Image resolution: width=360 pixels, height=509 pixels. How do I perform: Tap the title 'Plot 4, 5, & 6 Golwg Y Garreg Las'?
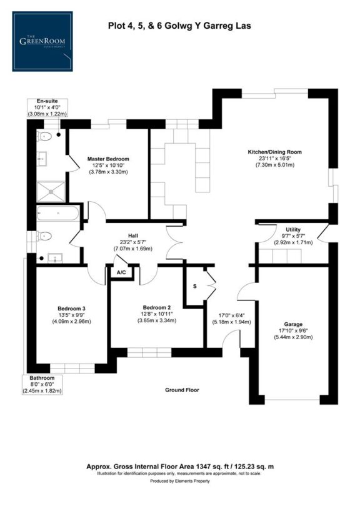click(179, 26)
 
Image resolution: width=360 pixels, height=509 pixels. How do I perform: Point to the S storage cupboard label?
click(194, 285)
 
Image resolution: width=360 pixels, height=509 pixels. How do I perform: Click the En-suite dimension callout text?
click(47, 107)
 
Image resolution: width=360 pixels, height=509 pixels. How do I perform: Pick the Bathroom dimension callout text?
click(45, 384)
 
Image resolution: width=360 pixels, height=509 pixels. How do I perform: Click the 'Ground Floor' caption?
click(182, 390)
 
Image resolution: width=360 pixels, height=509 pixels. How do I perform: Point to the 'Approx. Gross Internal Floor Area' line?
click(179, 467)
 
